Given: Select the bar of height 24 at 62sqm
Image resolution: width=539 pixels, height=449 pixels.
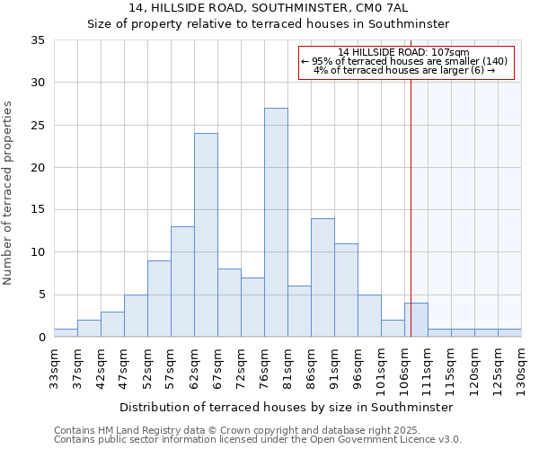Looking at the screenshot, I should pyautogui.click(x=206, y=235).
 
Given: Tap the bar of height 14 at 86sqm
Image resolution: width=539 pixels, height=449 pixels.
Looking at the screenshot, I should pyautogui.click(x=323, y=277).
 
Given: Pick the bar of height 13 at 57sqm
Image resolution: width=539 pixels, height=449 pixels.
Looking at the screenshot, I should pyautogui.click(x=182, y=282).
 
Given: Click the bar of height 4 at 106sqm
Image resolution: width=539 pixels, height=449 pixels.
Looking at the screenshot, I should pyautogui.click(x=416, y=321).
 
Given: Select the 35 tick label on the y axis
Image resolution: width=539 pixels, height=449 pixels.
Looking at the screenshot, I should pyautogui.click(x=38, y=40).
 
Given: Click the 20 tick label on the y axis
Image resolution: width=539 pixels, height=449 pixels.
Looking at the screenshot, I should pyautogui.click(x=38, y=168).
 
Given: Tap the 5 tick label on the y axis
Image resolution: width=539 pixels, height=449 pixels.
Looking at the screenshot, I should pyautogui.click(x=41, y=295).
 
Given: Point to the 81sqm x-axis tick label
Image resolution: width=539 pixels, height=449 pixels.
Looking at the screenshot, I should pyautogui.click(x=288, y=365).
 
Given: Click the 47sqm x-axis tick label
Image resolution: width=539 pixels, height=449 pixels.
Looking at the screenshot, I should pyautogui.click(x=124, y=365).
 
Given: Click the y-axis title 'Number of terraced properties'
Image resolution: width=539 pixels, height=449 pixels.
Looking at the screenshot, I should pyautogui.click(x=9, y=193).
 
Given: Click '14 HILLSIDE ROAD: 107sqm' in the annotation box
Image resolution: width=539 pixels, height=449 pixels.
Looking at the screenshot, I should pyautogui.click(x=404, y=52).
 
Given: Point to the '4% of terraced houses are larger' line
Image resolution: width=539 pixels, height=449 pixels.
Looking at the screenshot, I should pyautogui.click(x=404, y=70).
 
